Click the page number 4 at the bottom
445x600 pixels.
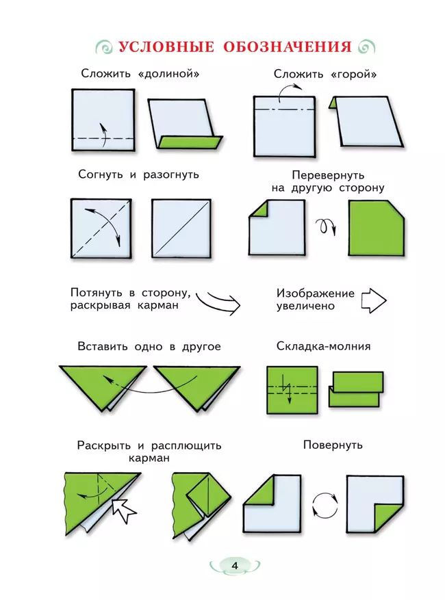(x=235, y=565)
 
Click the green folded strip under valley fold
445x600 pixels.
(x=190, y=142)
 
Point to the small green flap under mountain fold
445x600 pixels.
(x=333, y=103)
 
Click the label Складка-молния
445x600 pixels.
(x=323, y=346)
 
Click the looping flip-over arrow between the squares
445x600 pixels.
(x=326, y=226)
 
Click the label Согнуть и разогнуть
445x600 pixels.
(x=139, y=174)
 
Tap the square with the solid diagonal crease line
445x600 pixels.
(x=181, y=229)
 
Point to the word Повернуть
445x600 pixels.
(x=333, y=445)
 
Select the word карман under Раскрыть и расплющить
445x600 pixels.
(x=148, y=458)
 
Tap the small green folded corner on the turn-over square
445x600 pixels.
(x=257, y=210)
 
